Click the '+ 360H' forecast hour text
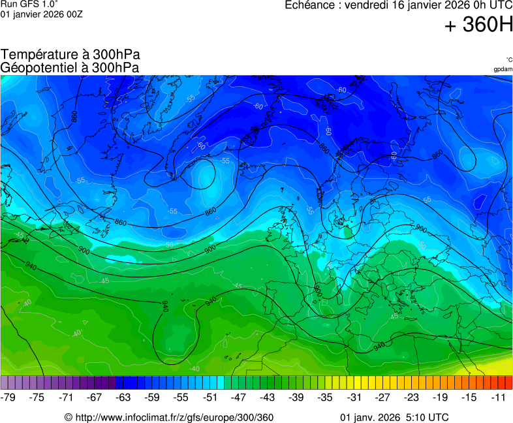point(478,25)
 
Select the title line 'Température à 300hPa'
point(70,55)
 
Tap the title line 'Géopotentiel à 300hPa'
point(70,67)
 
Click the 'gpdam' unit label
point(503,69)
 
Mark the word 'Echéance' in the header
point(311,5)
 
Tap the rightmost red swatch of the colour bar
point(508,383)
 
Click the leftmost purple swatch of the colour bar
point(5,383)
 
